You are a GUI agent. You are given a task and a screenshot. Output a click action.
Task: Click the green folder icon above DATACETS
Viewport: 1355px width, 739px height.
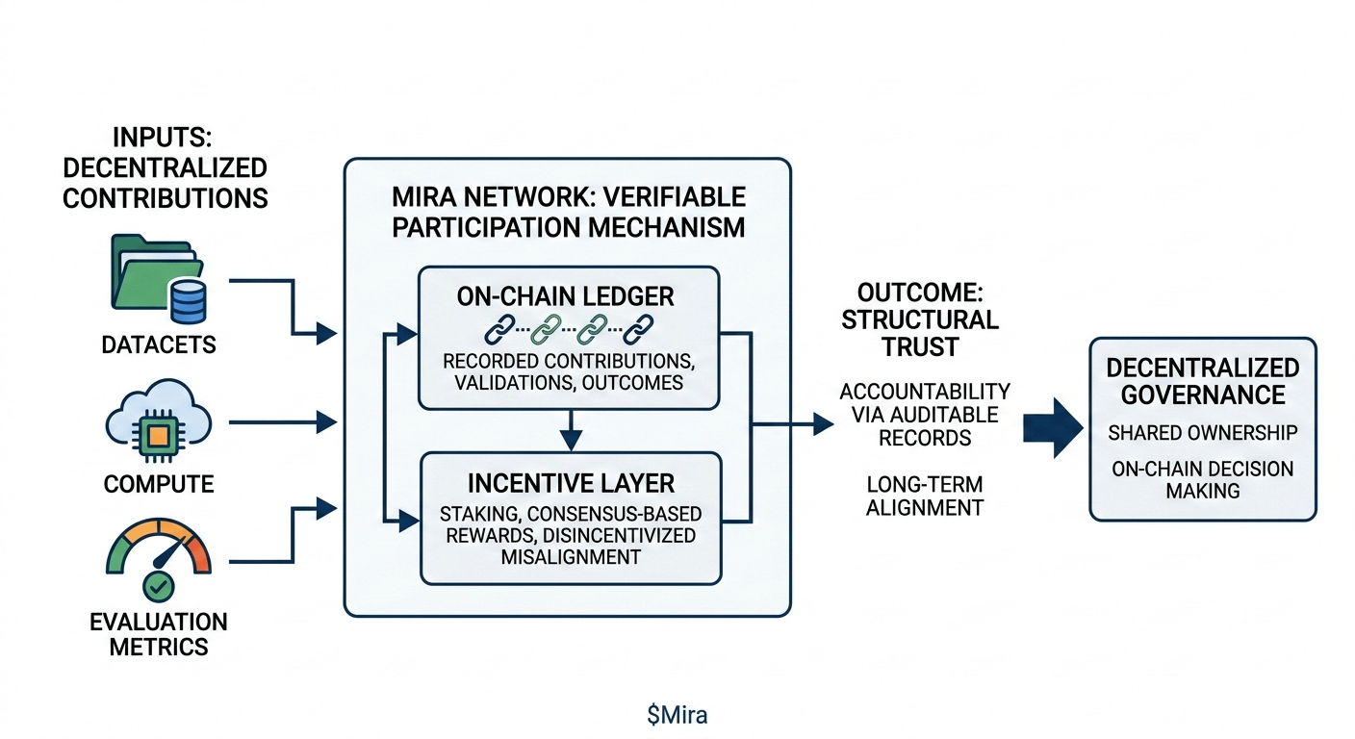coord(152,271)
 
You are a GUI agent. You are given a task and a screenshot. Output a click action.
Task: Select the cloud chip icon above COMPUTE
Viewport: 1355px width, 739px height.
coord(158,424)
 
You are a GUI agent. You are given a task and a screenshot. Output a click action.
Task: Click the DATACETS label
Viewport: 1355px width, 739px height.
coord(158,344)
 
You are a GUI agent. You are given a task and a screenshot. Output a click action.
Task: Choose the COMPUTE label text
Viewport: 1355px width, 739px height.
coord(158,483)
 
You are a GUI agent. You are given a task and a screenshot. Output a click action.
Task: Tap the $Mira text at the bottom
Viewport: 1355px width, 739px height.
coord(677,715)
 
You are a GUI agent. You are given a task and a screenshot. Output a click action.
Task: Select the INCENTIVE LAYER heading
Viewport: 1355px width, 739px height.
coord(570,481)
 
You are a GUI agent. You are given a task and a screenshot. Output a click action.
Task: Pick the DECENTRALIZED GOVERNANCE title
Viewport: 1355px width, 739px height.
coord(1203,381)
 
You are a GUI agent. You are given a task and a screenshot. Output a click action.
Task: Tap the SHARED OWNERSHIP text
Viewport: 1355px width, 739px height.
coord(1202,433)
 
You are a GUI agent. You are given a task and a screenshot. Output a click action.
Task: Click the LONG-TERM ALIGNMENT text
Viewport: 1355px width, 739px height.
coord(924,495)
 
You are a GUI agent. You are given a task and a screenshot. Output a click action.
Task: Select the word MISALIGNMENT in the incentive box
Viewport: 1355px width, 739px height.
coord(570,557)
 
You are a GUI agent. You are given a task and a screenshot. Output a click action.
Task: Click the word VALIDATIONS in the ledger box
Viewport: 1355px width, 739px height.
coord(501,383)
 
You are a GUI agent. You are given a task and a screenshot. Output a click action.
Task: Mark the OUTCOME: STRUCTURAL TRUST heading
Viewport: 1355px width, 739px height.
coord(920,319)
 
